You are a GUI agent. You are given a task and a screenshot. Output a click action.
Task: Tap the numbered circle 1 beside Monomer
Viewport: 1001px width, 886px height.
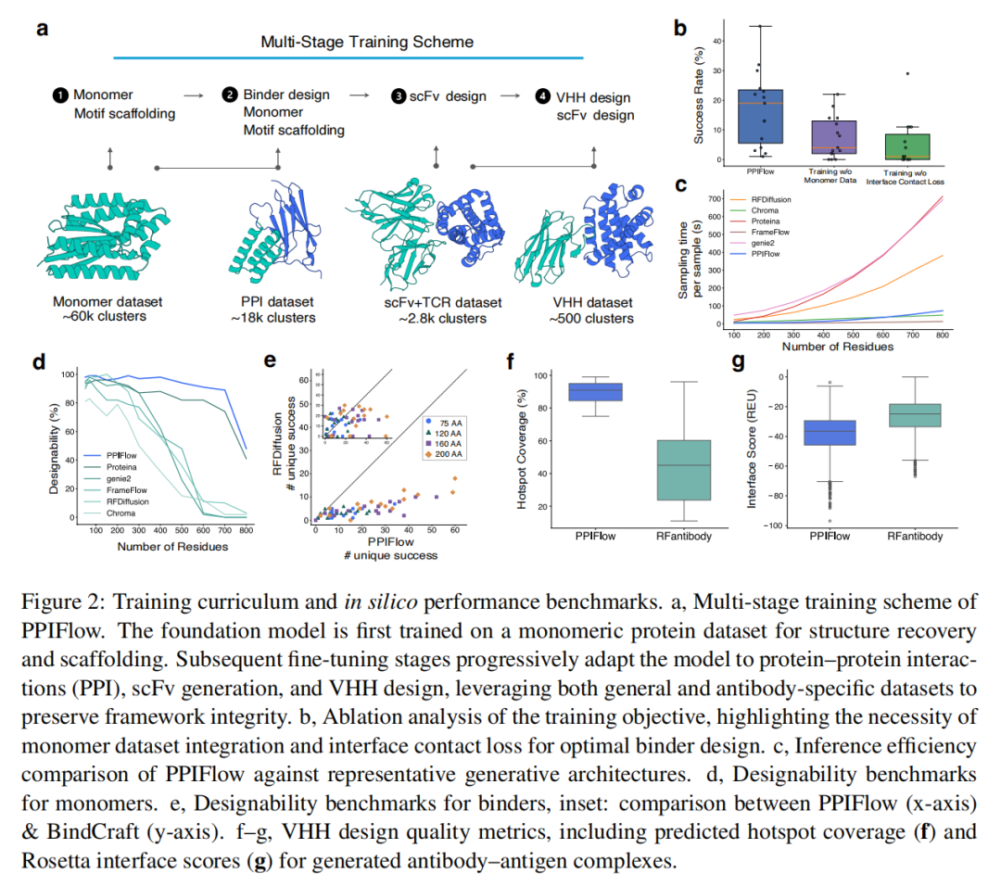point(60,95)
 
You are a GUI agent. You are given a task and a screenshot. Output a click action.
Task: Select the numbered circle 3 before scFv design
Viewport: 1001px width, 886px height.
point(398,95)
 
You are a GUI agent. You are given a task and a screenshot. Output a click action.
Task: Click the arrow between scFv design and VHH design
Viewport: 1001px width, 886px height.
point(509,95)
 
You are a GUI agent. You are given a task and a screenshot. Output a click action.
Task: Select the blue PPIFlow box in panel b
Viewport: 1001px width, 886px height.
point(760,116)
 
